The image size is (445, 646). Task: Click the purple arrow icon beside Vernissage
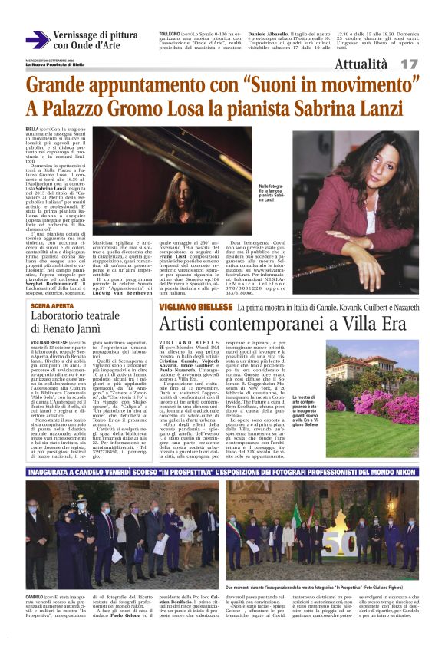[37, 39]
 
